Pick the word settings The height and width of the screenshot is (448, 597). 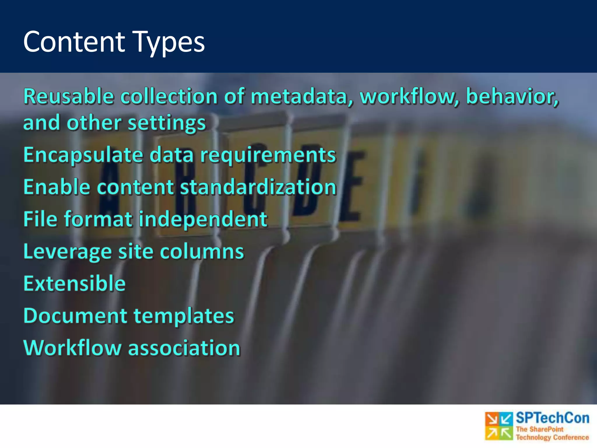(167, 123)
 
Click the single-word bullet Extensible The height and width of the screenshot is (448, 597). (75, 283)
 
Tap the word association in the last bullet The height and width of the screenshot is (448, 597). (184, 348)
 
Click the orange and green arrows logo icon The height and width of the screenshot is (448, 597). (499, 426)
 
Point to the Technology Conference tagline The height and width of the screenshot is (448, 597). (552, 437)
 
